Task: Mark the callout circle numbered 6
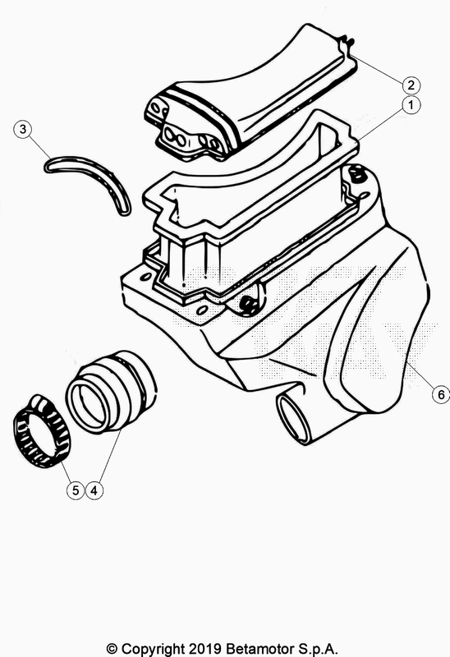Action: point(441,395)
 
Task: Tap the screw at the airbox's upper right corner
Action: point(356,173)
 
